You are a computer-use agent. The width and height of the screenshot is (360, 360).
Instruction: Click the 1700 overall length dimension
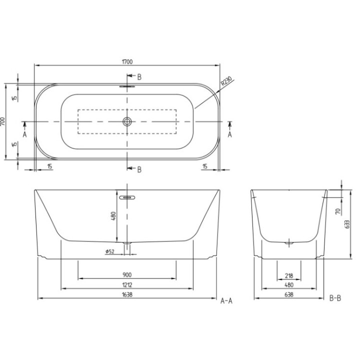click(127, 61)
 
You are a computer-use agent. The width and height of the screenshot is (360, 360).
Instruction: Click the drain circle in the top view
click(127, 121)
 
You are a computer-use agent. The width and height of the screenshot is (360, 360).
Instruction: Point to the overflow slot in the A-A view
click(127, 196)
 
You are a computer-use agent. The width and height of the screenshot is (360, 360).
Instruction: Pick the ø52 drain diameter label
click(110, 251)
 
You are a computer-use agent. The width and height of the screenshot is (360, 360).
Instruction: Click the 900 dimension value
click(127, 275)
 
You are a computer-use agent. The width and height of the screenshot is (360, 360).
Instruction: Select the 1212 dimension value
click(127, 285)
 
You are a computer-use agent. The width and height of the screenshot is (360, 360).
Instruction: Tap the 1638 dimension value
click(127, 295)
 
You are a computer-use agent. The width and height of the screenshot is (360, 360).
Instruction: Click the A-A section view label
click(227, 300)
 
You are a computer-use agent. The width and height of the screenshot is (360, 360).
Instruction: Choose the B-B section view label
click(335, 299)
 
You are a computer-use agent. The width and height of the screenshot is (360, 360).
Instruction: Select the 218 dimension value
click(288, 275)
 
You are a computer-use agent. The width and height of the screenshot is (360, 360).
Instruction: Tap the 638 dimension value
click(288, 295)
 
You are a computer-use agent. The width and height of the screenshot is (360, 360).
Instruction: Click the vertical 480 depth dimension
click(113, 216)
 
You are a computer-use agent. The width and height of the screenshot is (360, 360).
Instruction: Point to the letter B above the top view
click(139, 76)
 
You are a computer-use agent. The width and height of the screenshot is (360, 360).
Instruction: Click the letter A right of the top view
click(230, 134)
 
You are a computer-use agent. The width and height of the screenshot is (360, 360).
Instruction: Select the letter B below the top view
click(139, 169)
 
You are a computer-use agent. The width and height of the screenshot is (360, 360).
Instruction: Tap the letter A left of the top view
click(24, 134)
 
